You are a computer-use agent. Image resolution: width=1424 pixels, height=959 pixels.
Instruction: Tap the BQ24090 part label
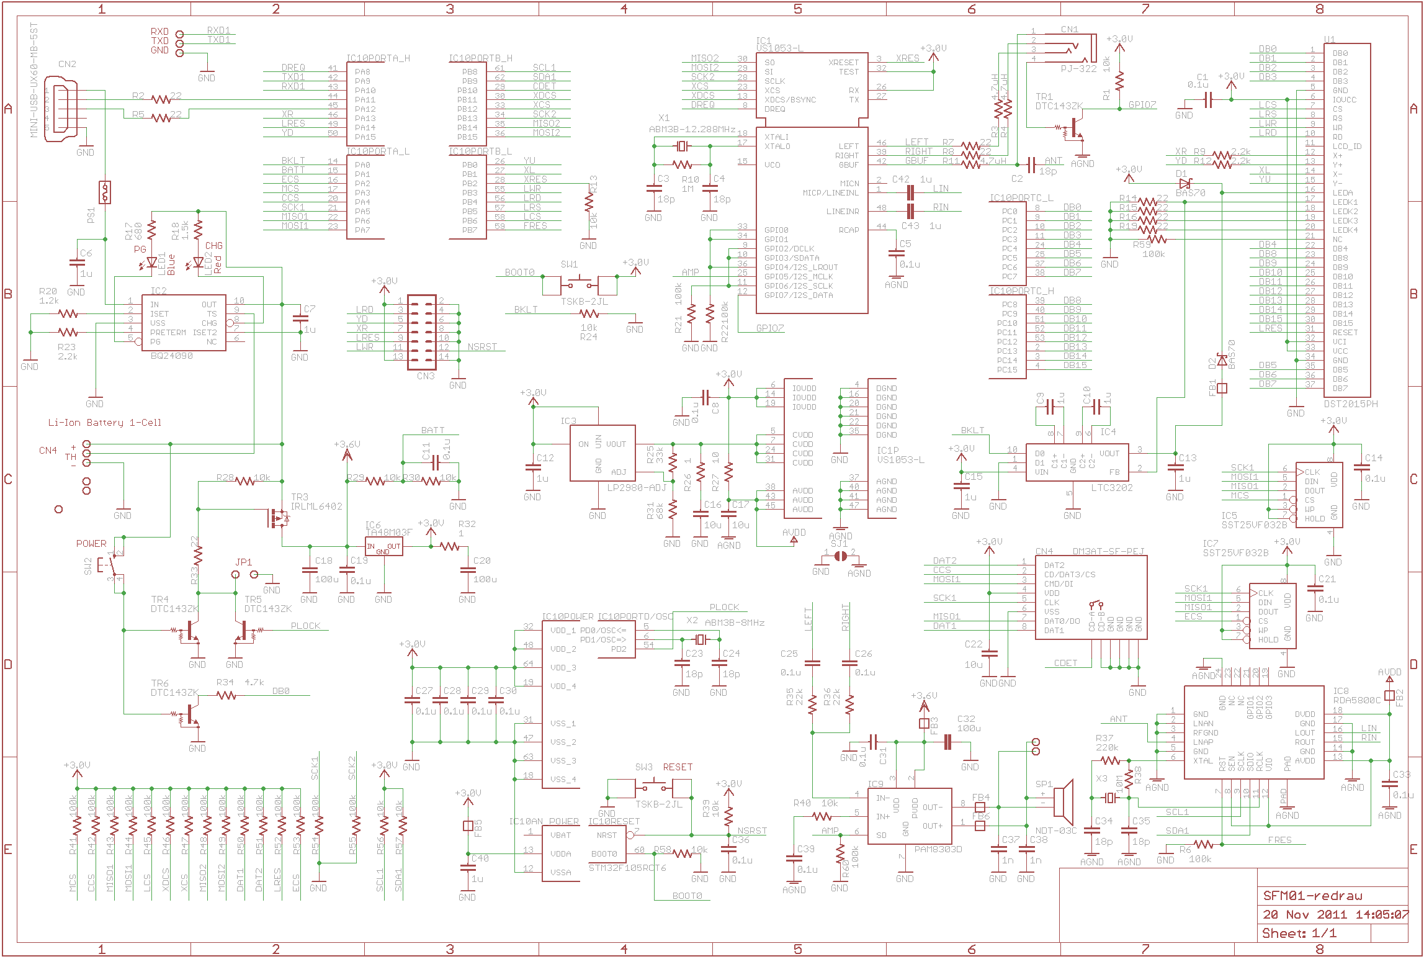pos(172,356)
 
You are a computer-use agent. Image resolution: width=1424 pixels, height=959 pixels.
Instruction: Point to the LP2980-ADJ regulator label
pos(636,488)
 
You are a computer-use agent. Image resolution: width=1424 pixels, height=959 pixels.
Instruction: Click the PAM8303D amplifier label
pos(938,849)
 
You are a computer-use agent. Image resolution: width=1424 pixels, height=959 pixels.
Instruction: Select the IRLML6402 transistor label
pos(316,507)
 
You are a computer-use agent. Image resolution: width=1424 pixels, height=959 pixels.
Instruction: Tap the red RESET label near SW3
pos(678,767)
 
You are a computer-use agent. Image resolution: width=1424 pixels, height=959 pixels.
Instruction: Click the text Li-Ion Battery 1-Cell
pos(105,423)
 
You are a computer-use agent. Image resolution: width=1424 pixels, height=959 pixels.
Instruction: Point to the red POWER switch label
pos(91,544)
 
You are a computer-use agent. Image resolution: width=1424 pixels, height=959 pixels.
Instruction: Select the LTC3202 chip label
pos(1112,488)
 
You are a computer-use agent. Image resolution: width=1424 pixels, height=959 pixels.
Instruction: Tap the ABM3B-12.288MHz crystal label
pos(692,130)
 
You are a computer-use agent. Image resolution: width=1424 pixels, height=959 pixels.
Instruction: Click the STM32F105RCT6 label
pos(627,868)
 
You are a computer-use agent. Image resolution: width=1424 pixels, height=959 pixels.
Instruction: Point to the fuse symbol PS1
pos(105,192)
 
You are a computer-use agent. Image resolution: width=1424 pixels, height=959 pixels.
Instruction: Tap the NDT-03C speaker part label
pos(1056,831)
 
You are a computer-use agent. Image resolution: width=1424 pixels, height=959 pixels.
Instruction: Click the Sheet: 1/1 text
pos(1299,934)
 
